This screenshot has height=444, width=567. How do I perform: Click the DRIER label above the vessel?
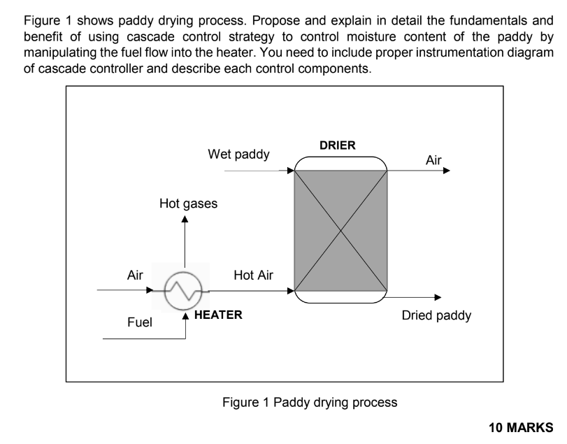click(337, 145)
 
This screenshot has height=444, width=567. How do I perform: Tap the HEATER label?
click(218, 315)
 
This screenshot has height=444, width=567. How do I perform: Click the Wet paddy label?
click(238, 154)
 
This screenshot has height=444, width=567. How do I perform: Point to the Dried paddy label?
click(436, 315)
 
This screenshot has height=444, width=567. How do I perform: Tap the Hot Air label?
click(254, 275)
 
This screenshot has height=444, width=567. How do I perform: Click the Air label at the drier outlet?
click(433, 162)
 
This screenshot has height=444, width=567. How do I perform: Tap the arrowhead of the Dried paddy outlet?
click(438, 297)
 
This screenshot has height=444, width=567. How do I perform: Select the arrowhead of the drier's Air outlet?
click(447, 170)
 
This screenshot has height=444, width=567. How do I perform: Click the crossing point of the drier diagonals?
click(341, 230)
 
